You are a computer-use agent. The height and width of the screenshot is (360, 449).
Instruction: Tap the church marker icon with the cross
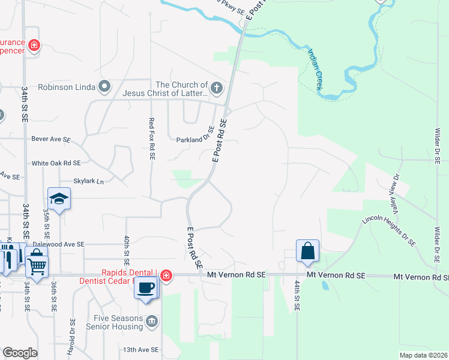217,89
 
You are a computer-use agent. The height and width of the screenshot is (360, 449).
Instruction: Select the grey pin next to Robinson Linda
104,87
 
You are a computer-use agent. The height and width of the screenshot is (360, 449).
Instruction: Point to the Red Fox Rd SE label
152,139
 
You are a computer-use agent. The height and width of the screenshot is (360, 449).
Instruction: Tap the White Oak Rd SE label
56,163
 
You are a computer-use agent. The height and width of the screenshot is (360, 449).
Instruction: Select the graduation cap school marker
59,199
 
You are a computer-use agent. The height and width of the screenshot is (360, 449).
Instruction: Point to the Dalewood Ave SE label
58,245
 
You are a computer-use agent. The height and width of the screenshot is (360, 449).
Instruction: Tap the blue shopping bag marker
307,251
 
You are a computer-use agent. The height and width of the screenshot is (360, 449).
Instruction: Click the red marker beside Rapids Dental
166,276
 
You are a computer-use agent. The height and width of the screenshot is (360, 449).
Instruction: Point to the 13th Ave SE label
140,349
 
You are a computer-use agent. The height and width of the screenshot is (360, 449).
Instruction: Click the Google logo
20,353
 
